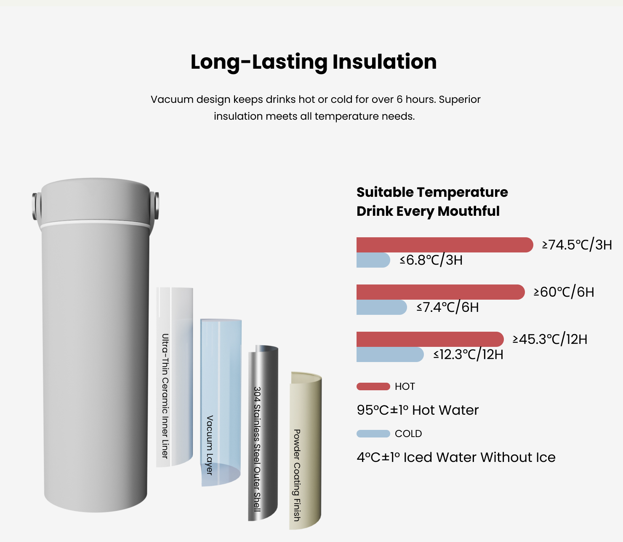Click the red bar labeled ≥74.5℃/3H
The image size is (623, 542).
click(445, 245)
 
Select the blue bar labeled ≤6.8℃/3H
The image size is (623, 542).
click(373, 260)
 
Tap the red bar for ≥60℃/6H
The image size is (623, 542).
click(441, 292)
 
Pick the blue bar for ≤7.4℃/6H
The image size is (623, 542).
click(382, 307)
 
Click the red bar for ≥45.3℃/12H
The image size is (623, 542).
click(430, 339)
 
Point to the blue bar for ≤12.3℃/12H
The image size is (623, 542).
click(390, 354)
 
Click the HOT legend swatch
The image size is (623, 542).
click(373, 386)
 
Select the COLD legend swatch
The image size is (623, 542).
click(373, 434)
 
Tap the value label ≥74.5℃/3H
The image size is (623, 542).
click(577, 245)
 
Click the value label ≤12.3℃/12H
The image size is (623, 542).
click(469, 354)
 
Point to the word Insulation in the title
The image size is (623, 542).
click(385, 62)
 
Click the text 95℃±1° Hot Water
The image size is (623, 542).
click(418, 411)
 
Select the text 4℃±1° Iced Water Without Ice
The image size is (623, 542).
click(456, 458)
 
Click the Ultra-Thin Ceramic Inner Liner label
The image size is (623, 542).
click(165, 396)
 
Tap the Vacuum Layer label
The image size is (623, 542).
click(210, 445)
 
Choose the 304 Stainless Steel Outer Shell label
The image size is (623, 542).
click(257, 449)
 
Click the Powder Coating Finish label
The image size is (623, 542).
click(297, 475)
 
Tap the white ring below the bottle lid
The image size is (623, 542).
click(95, 225)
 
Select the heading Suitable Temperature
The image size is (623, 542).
click(432, 192)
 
